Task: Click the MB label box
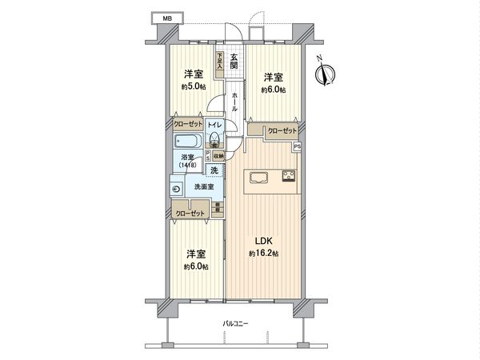tap(167, 18)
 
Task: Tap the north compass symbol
tap(323, 74)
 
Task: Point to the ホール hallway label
tap(234, 102)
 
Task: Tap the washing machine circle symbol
tap(177, 190)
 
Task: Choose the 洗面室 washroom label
tap(204, 187)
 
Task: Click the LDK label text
tap(265, 240)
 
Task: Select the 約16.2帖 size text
tap(265, 254)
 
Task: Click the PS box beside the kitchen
tap(296, 146)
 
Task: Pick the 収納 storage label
tap(218, 156)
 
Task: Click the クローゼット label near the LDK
tap(282, 130)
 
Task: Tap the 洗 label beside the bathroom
tap(214, 170)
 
